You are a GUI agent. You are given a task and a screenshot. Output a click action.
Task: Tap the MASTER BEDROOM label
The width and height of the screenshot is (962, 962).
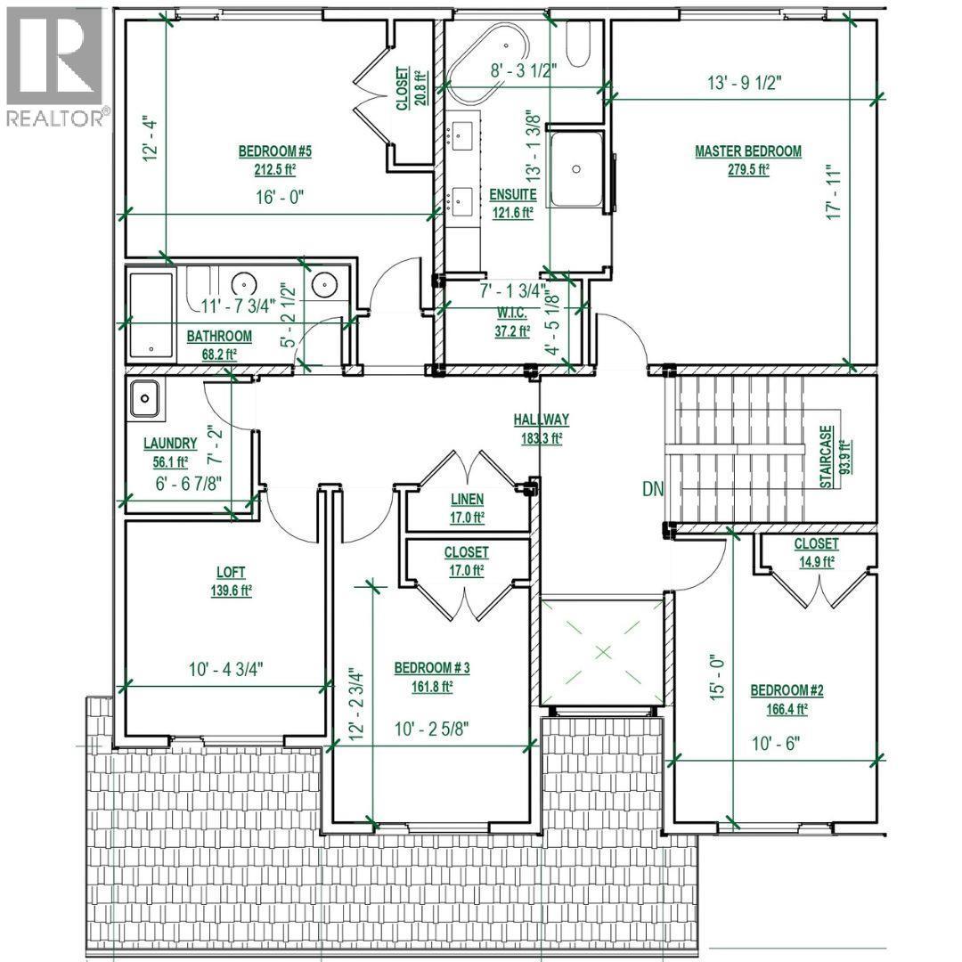(748, 151)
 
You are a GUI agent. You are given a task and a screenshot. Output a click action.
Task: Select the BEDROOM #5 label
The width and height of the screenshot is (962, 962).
(274, 151)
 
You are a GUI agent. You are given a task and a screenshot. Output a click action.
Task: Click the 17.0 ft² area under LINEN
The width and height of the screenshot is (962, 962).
(467, 516)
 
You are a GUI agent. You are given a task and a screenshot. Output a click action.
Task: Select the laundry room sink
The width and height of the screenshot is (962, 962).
(144, 400)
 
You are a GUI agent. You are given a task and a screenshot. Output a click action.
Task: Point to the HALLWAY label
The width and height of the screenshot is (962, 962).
(541, 420)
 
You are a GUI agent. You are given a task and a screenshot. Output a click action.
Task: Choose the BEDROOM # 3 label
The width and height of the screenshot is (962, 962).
(432, 668)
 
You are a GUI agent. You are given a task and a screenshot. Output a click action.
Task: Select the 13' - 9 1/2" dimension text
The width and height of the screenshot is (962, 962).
(745, 84)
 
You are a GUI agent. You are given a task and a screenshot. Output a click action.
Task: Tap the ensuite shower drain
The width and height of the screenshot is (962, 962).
(577, 168)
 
